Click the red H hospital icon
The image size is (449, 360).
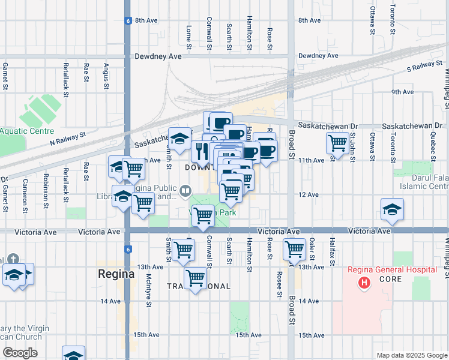[363, 282]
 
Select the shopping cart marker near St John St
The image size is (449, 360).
[338, 143]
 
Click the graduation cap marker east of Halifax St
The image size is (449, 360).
[392, 209]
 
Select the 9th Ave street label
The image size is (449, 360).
[402, 92]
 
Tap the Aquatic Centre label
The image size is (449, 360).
[27, 131]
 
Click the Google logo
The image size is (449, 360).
[20, 353]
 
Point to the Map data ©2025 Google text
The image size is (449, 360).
[411, 355]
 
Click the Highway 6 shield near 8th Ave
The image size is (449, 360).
[128, 20]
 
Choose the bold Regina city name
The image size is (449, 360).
[116, 274]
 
